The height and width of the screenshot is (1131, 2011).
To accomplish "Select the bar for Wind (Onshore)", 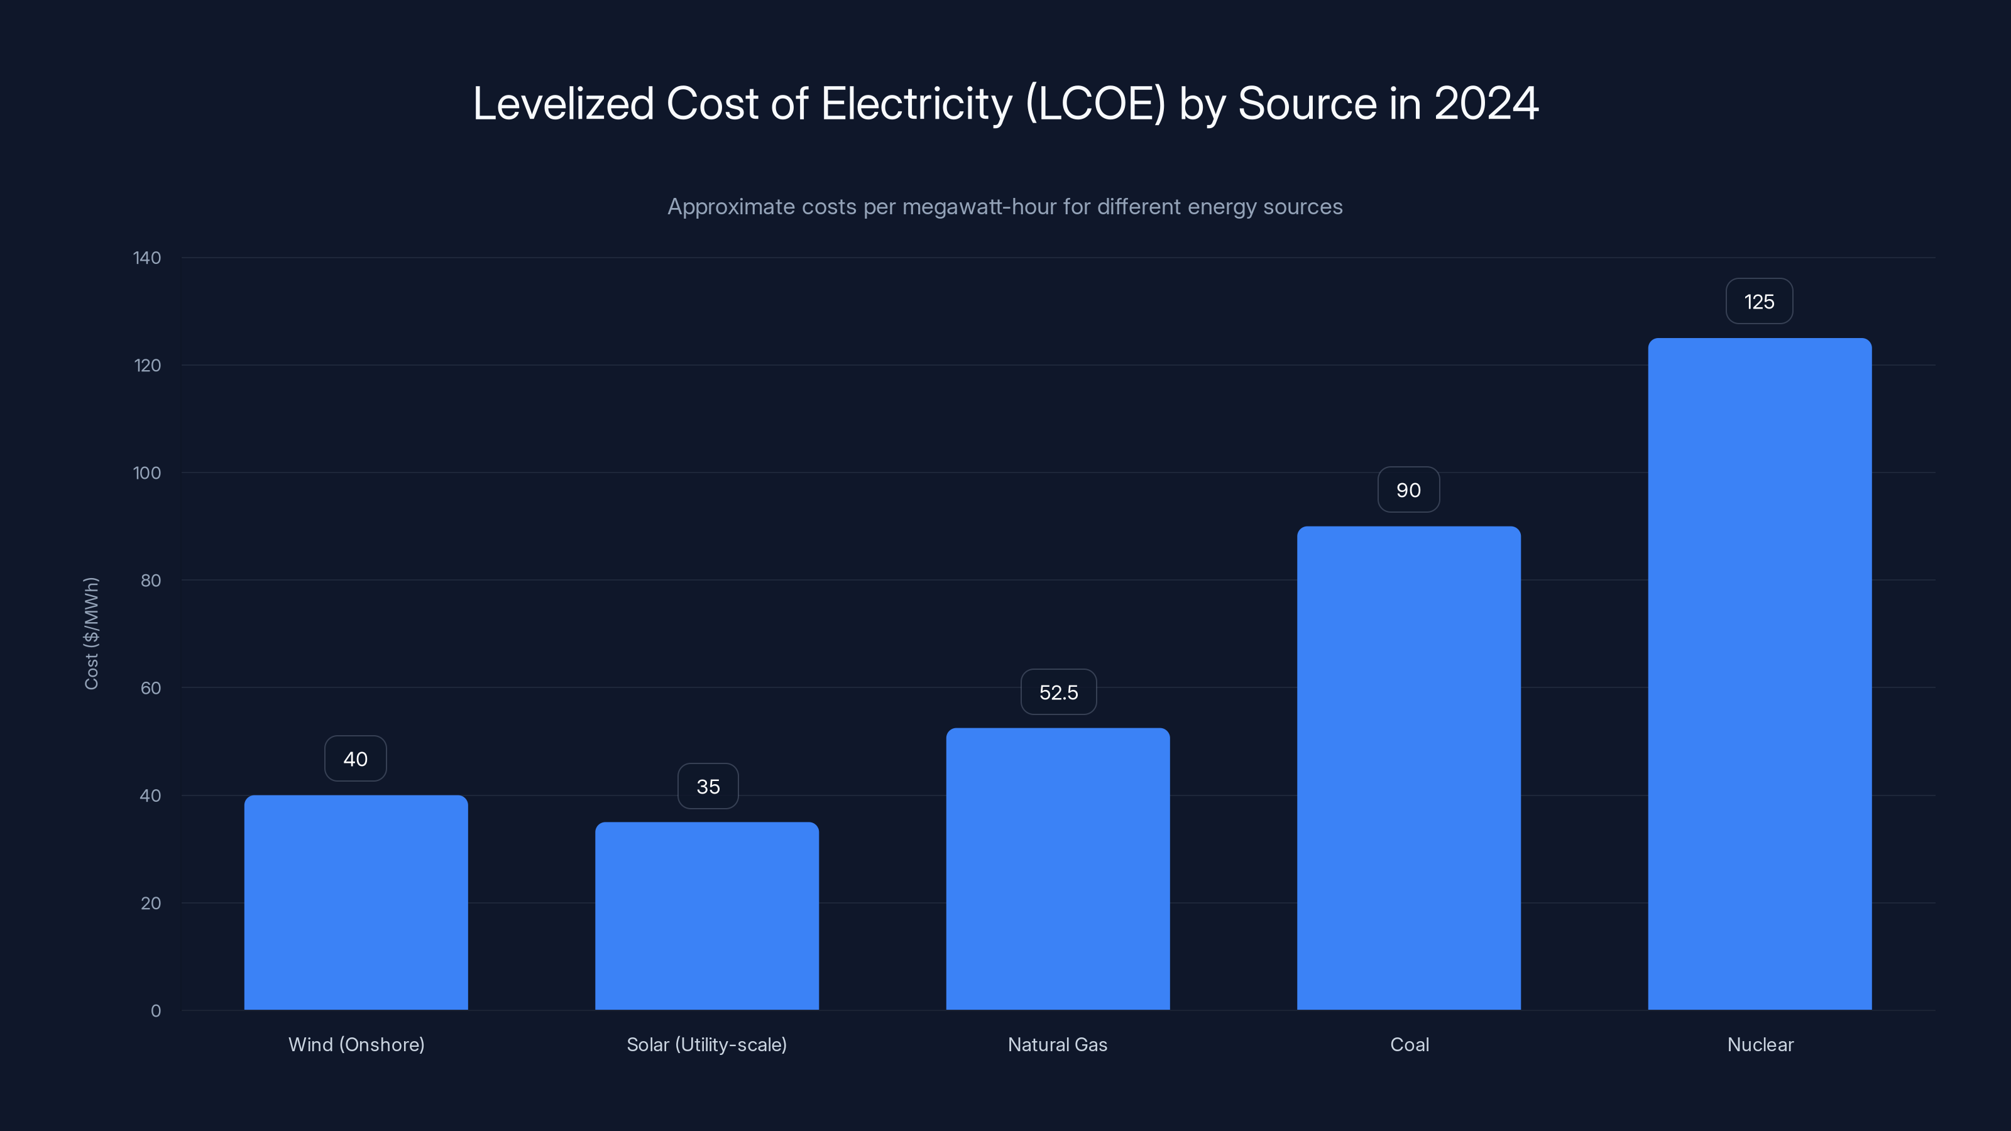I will [x=356, y=902].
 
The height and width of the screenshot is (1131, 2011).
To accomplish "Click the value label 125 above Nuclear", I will [x=1759, y=302].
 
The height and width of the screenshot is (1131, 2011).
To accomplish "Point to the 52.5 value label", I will [x=1058, y=692].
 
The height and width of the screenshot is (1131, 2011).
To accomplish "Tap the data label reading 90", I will [x=1408, y=490].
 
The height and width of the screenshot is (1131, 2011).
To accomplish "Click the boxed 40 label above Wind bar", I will [x=355, y=758].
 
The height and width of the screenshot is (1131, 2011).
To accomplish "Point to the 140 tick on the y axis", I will [x=147, y=258].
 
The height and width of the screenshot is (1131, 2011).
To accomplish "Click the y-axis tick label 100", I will [x=147, y=473].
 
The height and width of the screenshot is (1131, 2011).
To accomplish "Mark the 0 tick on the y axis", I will [x=155, y=1011].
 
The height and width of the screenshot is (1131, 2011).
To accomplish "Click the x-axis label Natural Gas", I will [x=1057, y=1044].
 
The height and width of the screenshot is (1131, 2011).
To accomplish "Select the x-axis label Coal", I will [x=1409, y=1044].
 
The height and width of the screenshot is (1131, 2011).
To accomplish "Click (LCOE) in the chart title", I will [x=1095, y=104].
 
